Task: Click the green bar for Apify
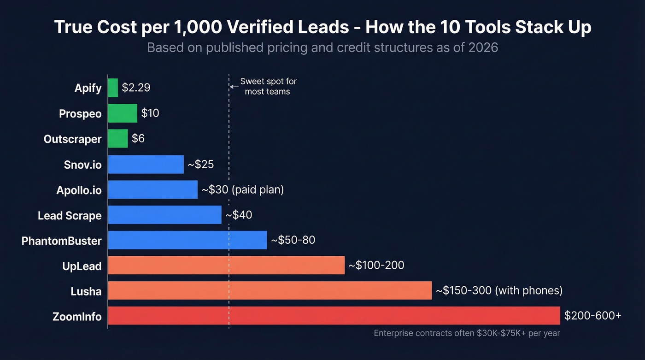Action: point(113,88)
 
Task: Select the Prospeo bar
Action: point(123,113)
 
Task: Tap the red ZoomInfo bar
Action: point(334,316)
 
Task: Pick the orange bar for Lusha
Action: point(270,290)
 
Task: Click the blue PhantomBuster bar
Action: point(188,240)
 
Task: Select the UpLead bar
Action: point(226,265)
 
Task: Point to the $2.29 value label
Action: point(136,88)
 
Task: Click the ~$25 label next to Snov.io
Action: point(200,164)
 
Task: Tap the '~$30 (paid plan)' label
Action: point(242,189)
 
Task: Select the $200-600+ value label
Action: point(592,316)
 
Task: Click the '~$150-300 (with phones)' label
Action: point(499,290)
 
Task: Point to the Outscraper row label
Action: point(72,139)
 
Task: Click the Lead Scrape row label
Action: point(70,215)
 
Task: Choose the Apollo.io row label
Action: point(79,190)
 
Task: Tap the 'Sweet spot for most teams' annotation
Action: point(268,86)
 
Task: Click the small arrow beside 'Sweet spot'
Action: point(234,86)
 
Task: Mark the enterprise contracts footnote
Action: point(467,333)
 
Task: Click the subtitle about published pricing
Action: point(322,47)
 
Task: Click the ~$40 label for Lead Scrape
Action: point(239,215)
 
